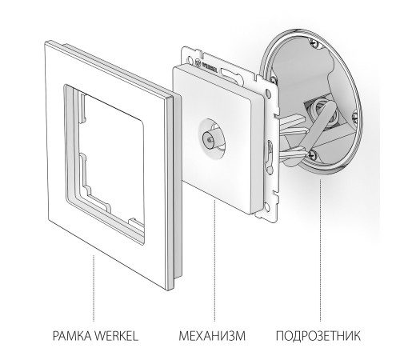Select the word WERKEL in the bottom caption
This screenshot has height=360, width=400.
[117, 336]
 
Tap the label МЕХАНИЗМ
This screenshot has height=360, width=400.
[212, 336]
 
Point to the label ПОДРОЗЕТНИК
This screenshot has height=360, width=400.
[318, 336]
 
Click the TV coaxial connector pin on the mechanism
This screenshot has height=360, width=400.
[208, 138]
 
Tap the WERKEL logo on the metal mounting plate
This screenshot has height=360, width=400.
[207, 66]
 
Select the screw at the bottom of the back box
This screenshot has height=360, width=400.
[312, 154]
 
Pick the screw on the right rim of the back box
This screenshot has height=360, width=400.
[354, 116]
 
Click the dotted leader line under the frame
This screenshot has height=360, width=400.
[94, 288]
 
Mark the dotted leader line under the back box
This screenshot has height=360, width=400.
[320, 250]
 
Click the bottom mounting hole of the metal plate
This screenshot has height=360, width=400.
[266, 206]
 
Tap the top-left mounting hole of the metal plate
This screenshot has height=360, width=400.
[190, 59]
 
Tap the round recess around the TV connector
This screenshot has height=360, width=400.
[212, 138]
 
